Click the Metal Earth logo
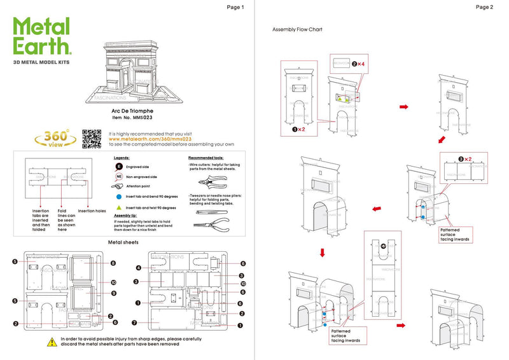point(42,36)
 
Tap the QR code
point(92,139)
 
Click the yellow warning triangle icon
point(51,342)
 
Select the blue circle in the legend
point(118,197)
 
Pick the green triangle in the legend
point(118,207)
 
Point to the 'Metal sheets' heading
point(124,242)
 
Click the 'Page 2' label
point(484,7)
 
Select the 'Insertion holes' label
point(92,211)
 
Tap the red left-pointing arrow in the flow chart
point(377,207)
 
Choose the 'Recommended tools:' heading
point(206,157)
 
